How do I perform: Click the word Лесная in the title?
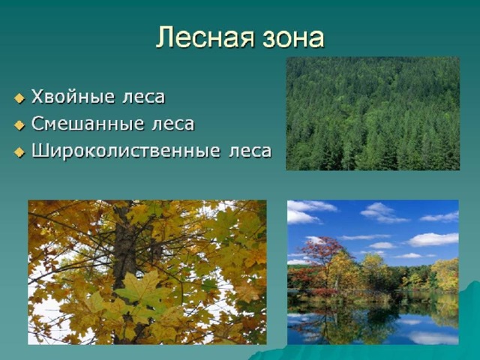pos(205,37)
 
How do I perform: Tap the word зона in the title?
pos(292,39)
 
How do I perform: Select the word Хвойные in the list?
pos(73,97)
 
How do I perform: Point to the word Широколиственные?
pos(126,151)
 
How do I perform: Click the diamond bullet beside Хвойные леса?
pos(19,98)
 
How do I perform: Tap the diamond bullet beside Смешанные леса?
pos(19,125)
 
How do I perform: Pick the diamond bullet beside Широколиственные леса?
pos(19,152)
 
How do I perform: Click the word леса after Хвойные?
pos(144,97)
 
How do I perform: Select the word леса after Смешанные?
pos(173,124)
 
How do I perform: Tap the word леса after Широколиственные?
pos(250,151)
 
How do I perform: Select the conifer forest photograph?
pos(373,113)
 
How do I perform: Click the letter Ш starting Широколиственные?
pos(39,151)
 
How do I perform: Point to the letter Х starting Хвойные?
pos(38,97)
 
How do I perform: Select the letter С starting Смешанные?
pos(38,124)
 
